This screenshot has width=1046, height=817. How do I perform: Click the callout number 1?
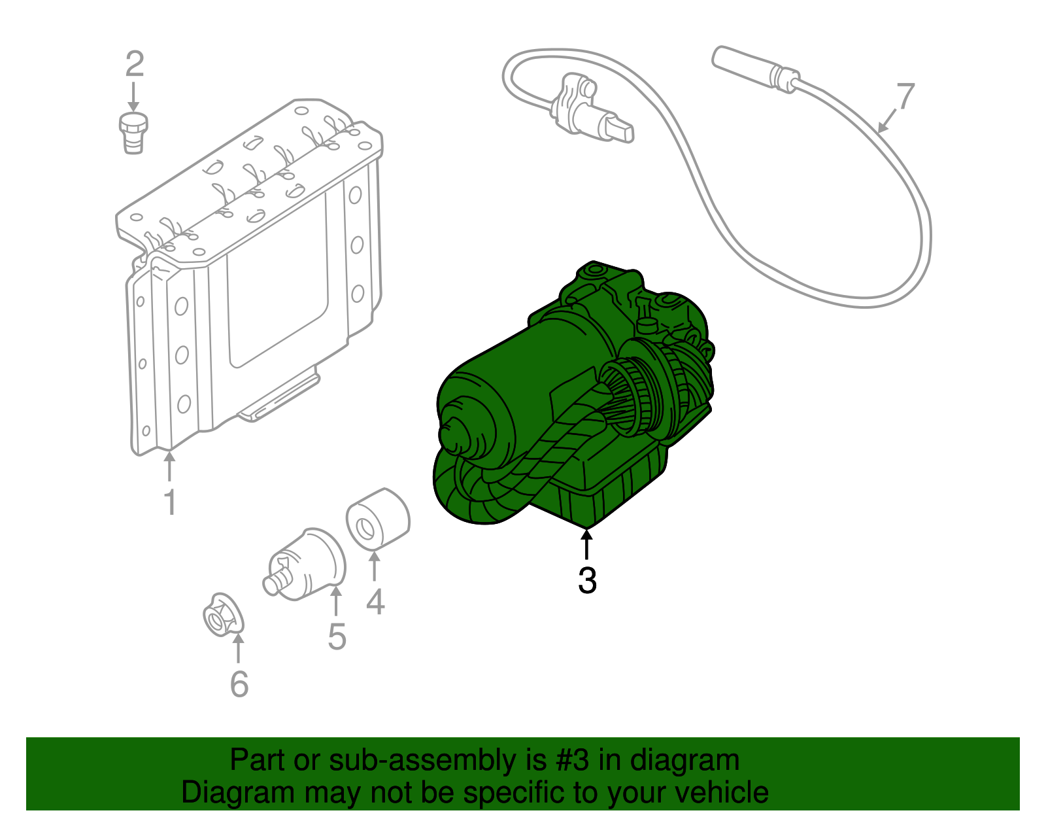(170, 502)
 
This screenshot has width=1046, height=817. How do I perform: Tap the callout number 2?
(134, 64)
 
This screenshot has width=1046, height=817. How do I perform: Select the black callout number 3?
(587, 580)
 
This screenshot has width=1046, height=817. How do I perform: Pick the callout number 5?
(337, 636)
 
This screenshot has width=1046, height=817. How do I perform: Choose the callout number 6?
(239, 684)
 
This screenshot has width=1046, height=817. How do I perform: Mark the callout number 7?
(905, 97)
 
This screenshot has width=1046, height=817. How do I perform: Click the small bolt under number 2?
(133, 131)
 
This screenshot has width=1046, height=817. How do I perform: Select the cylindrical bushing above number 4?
(377, 518)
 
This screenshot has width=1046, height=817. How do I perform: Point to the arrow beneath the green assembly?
(586, 545)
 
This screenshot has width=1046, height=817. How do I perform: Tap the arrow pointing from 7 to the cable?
(886, 122)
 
